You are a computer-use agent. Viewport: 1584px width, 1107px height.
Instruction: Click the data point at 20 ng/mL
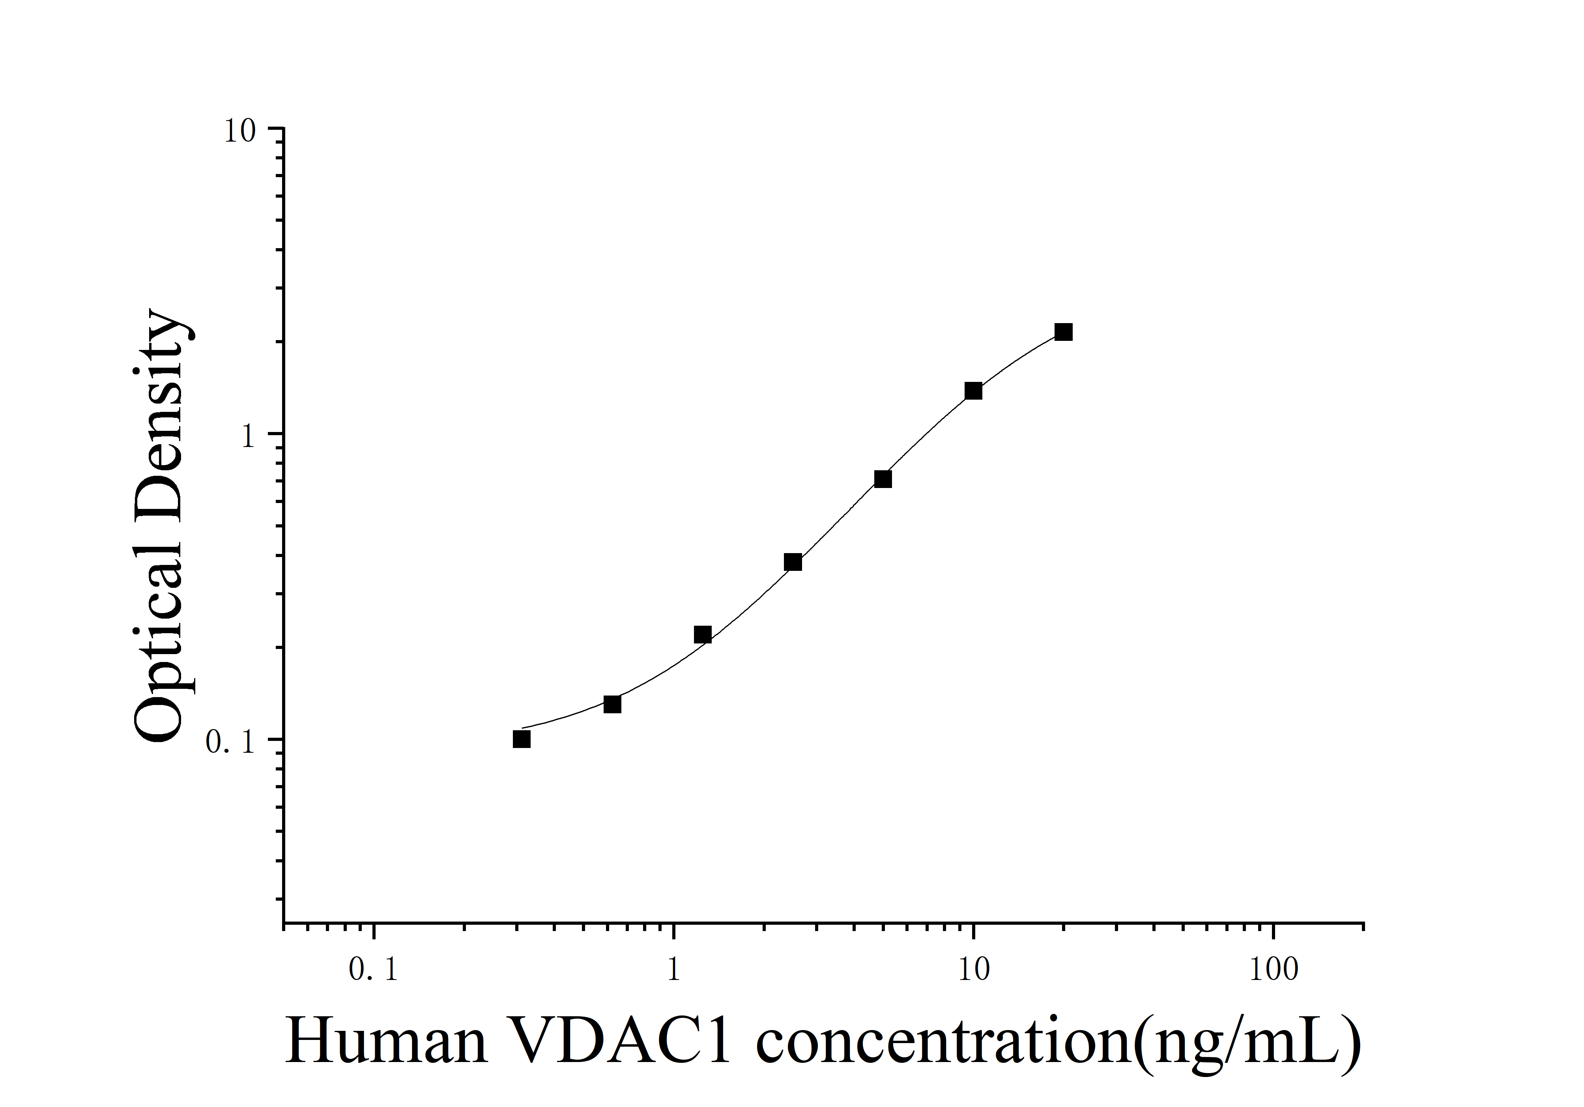(1063, 333)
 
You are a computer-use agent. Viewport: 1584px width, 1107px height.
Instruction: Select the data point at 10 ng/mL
(973, 391)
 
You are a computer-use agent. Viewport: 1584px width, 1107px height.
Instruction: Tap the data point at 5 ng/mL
(883, 479)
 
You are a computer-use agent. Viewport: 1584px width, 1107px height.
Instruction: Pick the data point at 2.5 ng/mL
(793, 562)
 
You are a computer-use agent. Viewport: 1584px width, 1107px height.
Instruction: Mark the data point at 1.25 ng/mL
(702, 634)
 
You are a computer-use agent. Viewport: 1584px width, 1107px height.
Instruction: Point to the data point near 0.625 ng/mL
(612, 704)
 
